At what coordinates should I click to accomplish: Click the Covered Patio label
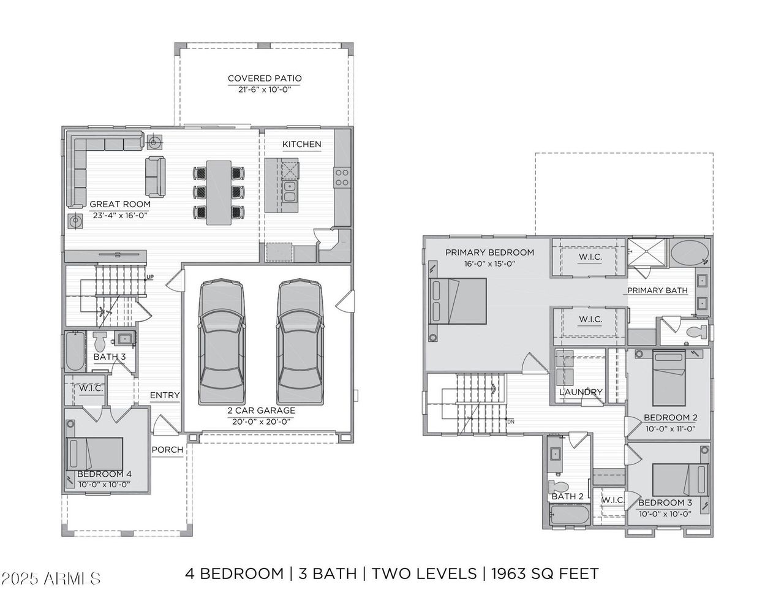click(265, 78)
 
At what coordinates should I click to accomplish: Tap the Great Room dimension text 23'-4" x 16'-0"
click(119, 215)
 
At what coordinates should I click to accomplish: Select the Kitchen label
click(301, 144)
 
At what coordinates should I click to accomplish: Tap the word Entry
click(165, 395)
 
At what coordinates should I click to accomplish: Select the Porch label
click(167, 449)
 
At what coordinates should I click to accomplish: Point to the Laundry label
click(581, 392)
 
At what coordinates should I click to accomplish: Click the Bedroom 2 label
click(670, 418)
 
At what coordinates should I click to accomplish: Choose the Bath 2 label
click(567, 496)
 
